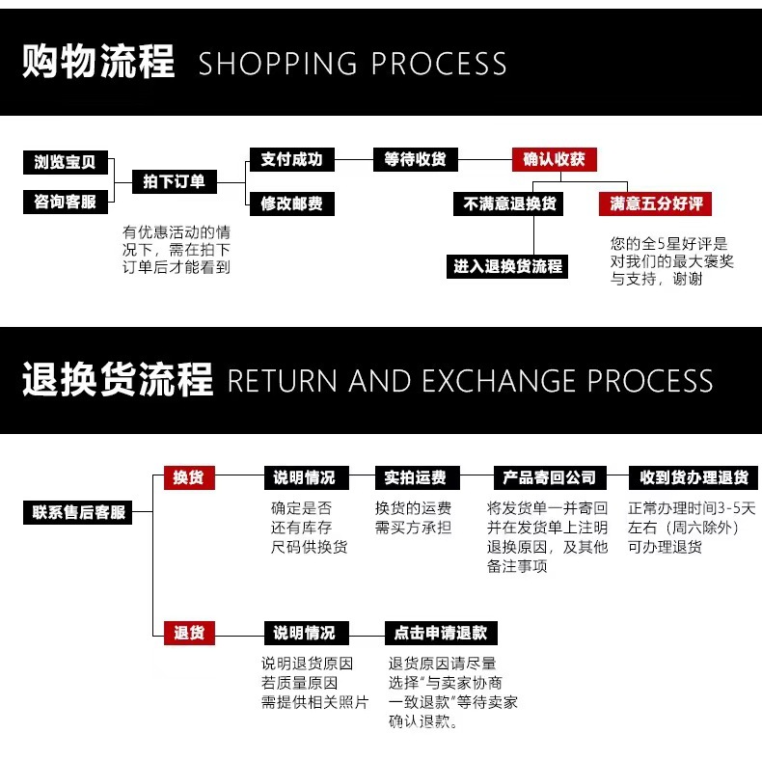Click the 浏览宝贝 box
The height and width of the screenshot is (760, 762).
[x=66, y=162]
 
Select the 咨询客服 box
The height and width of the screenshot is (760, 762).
[x=66, y=202]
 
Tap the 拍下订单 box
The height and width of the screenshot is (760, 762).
[x=175, y=181]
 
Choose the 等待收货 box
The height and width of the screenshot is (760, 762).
[x=416, y=159]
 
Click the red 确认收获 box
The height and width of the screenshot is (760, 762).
[x=555, y=159]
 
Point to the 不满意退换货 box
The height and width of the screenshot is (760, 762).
[x=509, y=204]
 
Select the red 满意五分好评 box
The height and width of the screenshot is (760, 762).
[x=657, y=204]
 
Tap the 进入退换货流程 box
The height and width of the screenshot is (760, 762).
[x=508, y=266]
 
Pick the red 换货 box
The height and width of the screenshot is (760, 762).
[x=189, y=477]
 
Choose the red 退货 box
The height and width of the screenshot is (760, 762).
[x=189, y=633]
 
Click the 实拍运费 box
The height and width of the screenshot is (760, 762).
[x=416, y=477]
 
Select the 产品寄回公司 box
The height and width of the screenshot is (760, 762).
[x=550, y=477]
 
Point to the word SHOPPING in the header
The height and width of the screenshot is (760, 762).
[x=279, y=64]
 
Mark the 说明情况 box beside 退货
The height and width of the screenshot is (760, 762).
[x=305, y=633]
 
